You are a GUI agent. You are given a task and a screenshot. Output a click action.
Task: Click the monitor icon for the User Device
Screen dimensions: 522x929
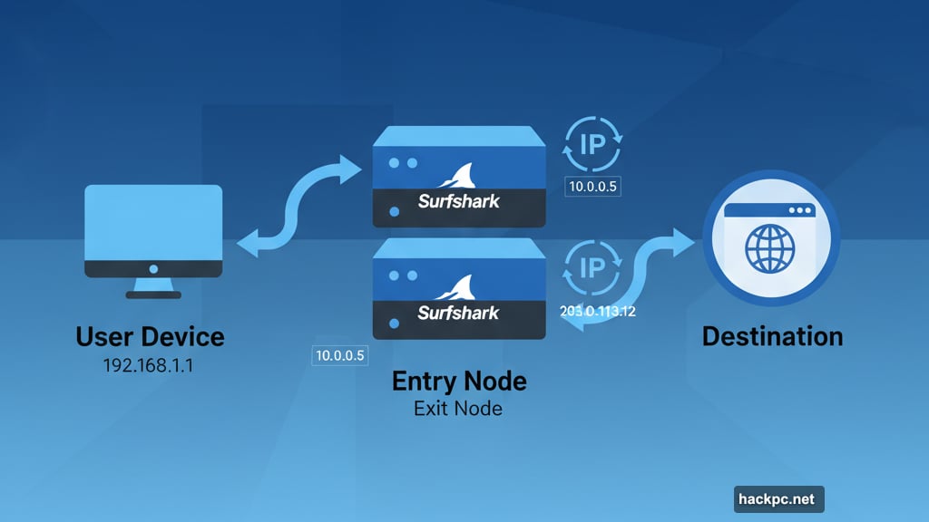tap(153, 230)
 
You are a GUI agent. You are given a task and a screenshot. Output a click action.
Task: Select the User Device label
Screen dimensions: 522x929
tap(150, 337)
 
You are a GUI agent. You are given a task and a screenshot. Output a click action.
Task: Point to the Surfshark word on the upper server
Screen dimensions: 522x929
tap(458, 201)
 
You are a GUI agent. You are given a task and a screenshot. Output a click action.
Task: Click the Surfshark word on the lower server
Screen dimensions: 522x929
tap(458, 313)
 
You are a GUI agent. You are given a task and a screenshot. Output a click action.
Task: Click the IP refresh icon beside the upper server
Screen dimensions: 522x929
tap(593, 143)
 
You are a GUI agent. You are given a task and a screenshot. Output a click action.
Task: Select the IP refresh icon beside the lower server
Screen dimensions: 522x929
tap(592, 266)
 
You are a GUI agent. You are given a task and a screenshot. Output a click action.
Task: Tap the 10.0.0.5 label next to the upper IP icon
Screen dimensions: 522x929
tap(594, 188)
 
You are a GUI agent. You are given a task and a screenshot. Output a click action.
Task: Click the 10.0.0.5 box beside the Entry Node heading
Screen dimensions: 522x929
tap(338, 356)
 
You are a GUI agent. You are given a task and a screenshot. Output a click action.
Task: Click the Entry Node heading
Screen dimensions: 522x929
tap(459, 381)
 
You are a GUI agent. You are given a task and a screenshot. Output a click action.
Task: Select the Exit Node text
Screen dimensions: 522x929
tap(458, 409)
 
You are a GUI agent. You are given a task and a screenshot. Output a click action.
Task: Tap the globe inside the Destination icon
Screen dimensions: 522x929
tap(770, 248)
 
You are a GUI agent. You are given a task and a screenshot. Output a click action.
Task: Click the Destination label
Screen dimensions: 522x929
tap(772, 337)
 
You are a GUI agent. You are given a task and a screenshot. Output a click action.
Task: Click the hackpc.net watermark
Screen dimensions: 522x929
tap(777, 498)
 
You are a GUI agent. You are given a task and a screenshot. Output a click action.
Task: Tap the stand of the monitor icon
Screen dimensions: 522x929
tap(153, 287)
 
